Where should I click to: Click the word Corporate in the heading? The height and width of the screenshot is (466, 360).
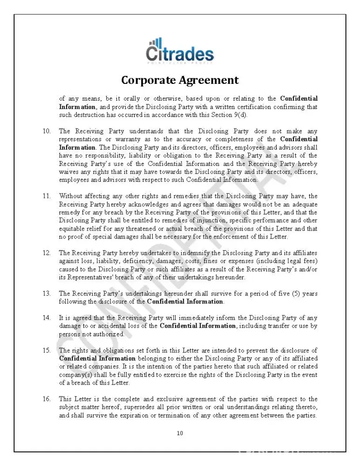(x=148, y=80)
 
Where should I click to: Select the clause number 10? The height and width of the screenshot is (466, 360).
(x=47, y=131)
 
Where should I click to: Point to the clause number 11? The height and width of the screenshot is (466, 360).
(x=47, y=196)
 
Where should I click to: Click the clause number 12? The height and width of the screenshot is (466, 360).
(x=47, y=253)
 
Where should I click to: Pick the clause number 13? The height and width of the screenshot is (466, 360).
(x=47, y=294)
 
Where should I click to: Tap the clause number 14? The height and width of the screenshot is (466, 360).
(x=47, y=318)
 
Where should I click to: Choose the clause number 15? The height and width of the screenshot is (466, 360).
(x=47, y=350)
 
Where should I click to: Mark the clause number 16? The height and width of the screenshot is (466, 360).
(x=47, y=399)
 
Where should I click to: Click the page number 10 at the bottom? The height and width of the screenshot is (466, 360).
(x=180, y=433)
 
